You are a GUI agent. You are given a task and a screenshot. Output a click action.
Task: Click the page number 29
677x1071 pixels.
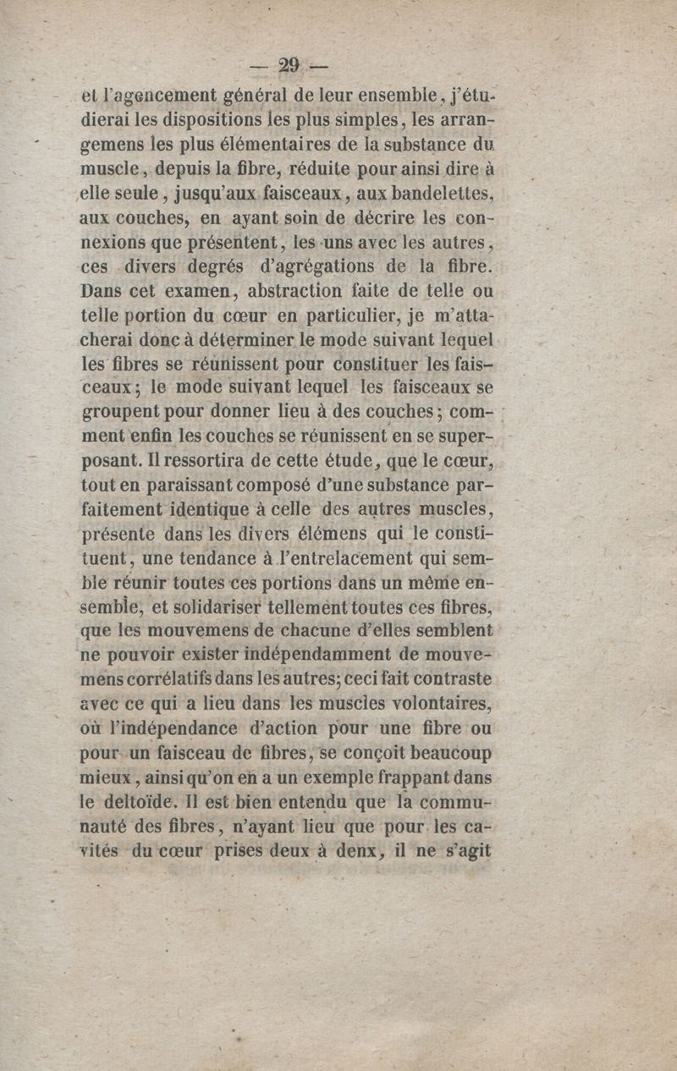click(289, 66)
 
